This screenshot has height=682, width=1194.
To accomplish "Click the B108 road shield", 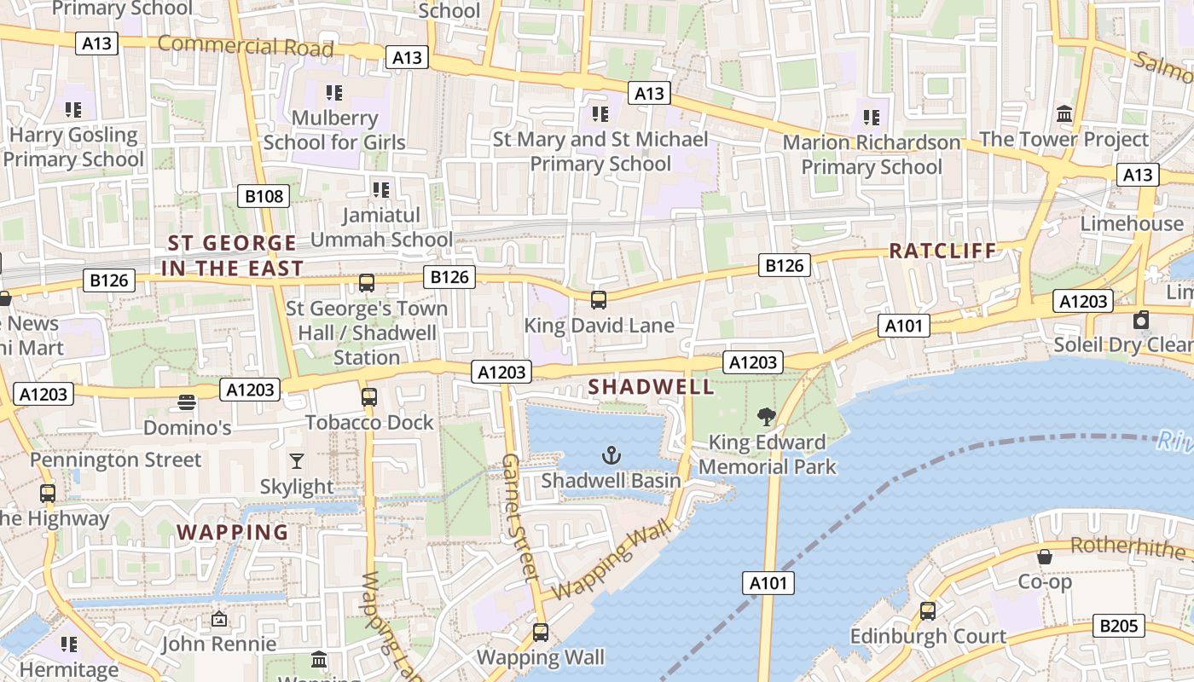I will click(x=264, y=197).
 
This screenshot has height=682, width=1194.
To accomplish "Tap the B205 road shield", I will click(x=1118, y=626).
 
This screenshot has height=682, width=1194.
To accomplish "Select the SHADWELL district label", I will click(x=651, y=387).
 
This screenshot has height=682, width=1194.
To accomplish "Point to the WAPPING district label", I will click(x=233, y=533).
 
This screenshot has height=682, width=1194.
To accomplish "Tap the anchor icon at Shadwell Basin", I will click(x=611, y=455).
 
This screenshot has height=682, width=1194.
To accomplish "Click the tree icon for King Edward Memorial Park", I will click(x=766, y=417).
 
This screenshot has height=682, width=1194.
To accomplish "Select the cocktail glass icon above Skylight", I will click(x=296, y=461).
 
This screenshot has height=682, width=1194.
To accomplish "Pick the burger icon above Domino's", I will click(x=187, y=402).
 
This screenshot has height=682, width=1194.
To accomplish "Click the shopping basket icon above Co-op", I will click(x=1044, y=557).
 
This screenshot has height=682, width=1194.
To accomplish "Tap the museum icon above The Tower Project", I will click(x=1064, y=113).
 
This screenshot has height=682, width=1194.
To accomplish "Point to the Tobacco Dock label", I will click(x=369, y=423).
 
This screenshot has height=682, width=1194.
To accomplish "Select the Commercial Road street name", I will click(x=246, y=46).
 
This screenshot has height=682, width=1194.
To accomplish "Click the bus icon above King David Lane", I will click(x=599, y=300).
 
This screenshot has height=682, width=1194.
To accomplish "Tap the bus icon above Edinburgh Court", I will click(x=927, y=611).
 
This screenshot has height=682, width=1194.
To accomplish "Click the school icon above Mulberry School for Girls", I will click(x=333, y=92).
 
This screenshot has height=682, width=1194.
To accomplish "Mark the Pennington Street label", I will click(x=116, y=460).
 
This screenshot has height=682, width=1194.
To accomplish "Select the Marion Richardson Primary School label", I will click(x=872, y=154).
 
